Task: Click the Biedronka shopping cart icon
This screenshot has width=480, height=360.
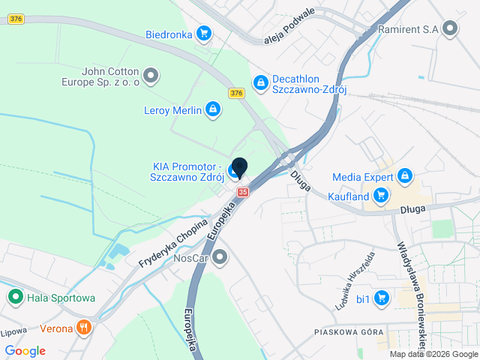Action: coord(203,33)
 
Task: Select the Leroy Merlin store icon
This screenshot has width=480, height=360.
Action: coord(212,111)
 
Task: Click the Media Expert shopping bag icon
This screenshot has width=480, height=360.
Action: coord(404,176)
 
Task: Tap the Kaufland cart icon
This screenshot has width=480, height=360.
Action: coord(382,196)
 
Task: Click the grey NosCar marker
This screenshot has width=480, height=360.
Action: coord(220,258)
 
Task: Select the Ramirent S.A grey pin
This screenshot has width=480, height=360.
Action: coord(450,28)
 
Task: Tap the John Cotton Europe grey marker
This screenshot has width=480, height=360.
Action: coord(151,76)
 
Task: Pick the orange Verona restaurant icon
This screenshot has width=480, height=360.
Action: coord(85,328)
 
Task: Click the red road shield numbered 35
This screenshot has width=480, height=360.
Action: coord(242,193)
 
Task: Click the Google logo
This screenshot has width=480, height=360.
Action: coord(25,351)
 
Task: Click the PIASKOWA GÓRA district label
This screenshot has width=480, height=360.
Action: coord(349,331)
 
